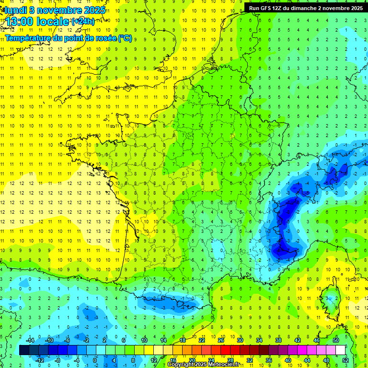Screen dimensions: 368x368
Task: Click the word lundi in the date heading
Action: click(14, 9)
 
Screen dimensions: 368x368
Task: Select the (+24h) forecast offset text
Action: click(82, 21)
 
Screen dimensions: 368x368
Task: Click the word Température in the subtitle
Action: click(29, 38)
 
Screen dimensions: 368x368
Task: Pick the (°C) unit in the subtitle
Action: click(125, 38)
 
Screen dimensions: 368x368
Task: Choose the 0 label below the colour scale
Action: click(95, 360)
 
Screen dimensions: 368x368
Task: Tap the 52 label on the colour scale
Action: click(345, 360)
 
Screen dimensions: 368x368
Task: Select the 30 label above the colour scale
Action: click(240, 340)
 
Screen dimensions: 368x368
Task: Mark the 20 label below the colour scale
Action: click(192, 360)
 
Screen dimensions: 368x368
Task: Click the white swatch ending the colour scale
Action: click(340, 350)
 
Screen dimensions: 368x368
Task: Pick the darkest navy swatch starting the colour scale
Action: click(24, 350)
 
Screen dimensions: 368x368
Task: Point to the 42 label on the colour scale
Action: click(297, 340)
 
